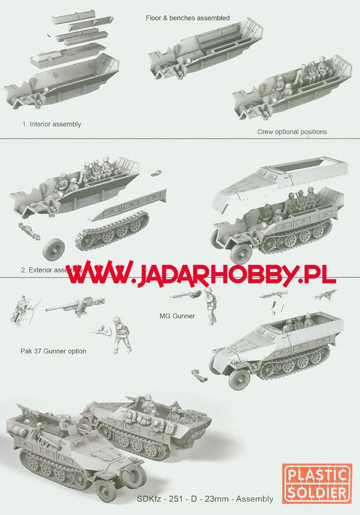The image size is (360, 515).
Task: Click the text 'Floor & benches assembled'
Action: click(187, 18)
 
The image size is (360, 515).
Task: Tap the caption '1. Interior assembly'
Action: click(51, 124)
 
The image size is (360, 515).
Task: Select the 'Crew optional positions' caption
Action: click(292, 131)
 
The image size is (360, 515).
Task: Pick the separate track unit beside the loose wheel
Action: click(112, 235)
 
